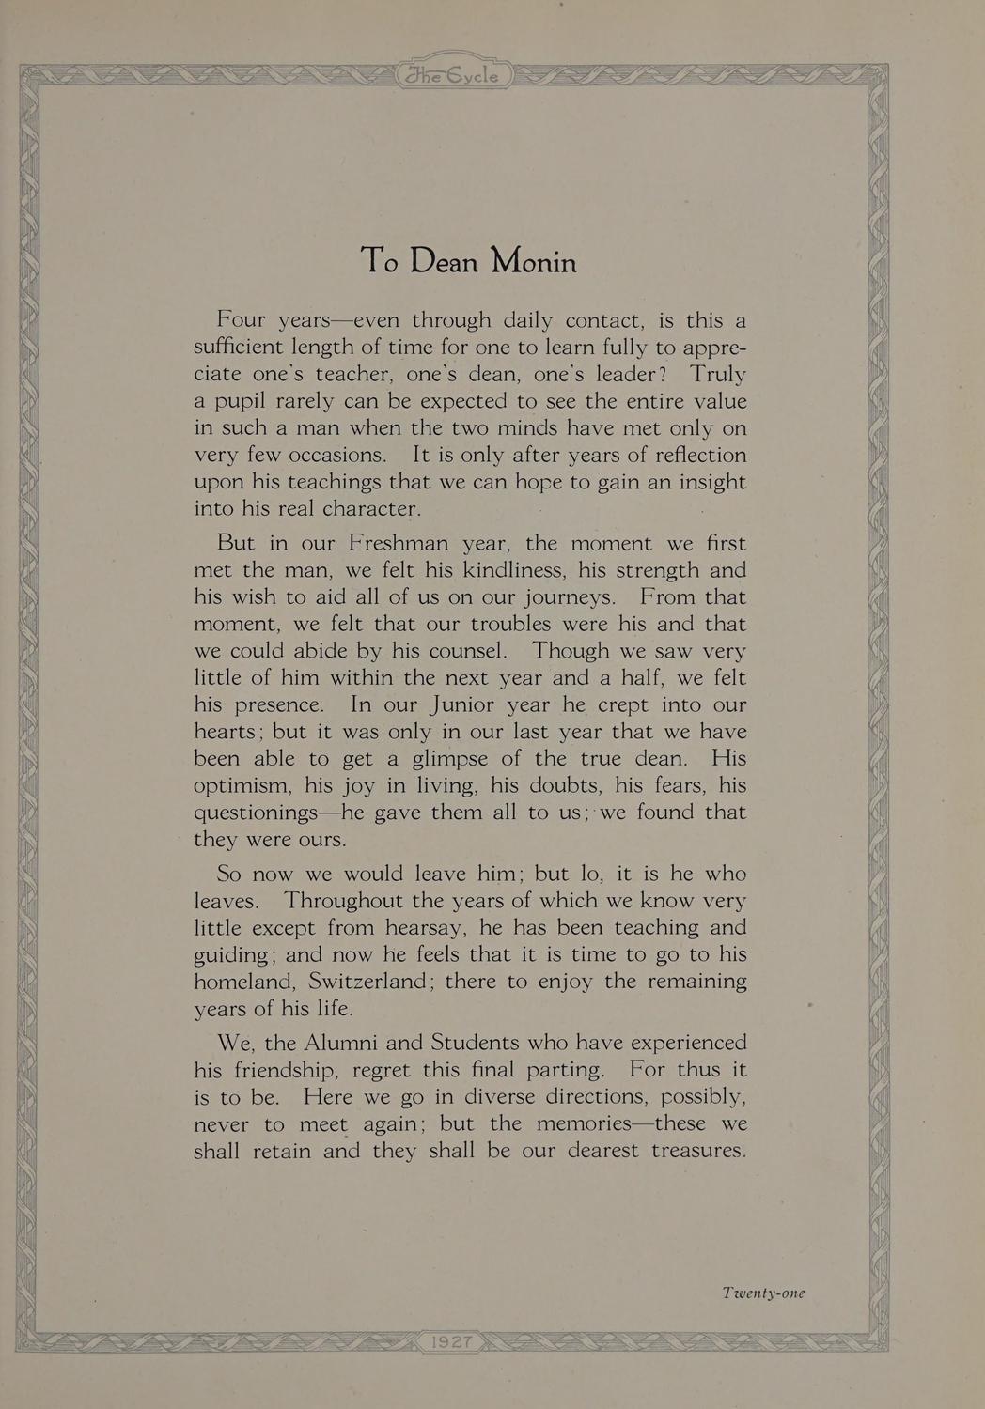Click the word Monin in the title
click(532, 260)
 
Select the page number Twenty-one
click(763, 1293)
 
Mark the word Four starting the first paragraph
click(242, 319)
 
